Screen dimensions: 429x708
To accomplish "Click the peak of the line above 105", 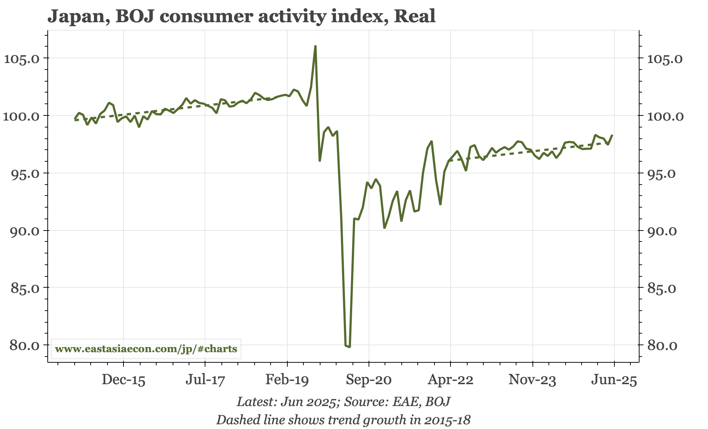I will [315, 46].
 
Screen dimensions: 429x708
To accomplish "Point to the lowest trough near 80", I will [349, 347].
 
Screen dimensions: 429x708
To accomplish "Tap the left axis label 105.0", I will [22, 59].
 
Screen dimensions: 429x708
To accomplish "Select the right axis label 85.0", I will [662, 288].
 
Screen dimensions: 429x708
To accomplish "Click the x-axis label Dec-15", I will [123, 380].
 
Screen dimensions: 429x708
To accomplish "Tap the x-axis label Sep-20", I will [369, 380].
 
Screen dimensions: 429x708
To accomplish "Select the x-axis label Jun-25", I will [614, 380].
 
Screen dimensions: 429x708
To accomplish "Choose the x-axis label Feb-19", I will [287, 380].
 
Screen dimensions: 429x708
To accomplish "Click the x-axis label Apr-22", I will [451, 380].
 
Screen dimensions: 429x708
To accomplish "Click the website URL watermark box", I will [146, 349].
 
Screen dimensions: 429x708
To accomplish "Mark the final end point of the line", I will [613, 135].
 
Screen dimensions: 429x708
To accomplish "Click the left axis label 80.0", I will [22, 345].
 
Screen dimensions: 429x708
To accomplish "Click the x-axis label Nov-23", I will [532, 380].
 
